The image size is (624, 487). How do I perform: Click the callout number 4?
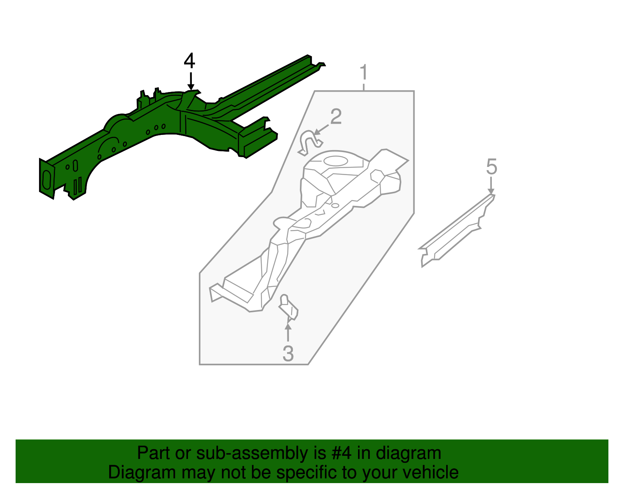(190, 61)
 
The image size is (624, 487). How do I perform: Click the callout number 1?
(363, 73)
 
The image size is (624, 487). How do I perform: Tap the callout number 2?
(336, 117)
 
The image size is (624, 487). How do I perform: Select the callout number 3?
(288, 354)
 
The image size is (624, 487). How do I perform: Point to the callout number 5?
(491, 167)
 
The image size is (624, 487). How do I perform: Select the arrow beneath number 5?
(491, 185)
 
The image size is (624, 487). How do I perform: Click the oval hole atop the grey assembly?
(335, 160)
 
